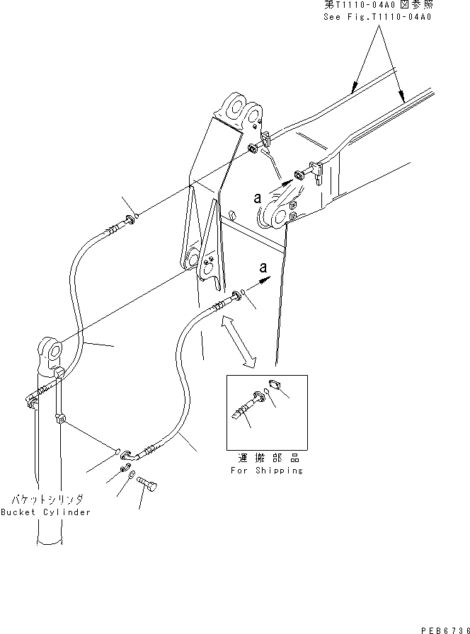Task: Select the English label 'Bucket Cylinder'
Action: pyautogui.click(x=46, y=512)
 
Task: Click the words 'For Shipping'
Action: pyautogui.click(x=267, y=471)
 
